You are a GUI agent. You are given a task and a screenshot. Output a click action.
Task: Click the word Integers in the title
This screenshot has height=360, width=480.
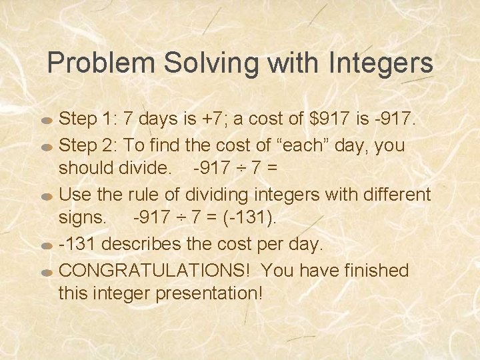click(381, 64)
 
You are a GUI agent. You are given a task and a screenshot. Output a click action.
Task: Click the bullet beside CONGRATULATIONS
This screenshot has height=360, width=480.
click(47, 272)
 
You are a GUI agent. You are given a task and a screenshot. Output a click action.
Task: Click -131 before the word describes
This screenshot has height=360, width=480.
click(77, 244)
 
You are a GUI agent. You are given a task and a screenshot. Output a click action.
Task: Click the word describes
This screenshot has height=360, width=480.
click(138, 244)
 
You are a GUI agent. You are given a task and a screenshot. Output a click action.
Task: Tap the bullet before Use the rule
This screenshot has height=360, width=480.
click(47, 197)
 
